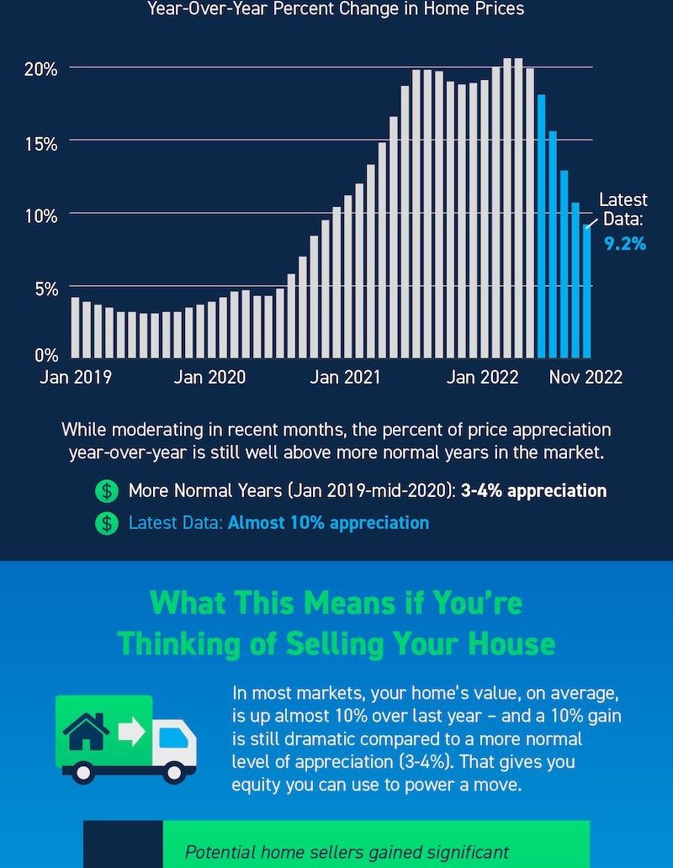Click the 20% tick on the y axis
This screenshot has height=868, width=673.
[40, 68]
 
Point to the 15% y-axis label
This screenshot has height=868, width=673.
[40, 143]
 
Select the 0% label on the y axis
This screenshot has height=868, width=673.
[45, 355]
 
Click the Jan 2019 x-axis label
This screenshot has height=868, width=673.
[75, 377]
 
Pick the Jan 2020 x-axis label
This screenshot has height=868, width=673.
[209, 377]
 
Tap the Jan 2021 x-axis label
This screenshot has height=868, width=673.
[345, 377]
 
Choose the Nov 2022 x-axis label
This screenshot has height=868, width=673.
[586, 377]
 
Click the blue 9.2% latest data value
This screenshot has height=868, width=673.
[624, 244]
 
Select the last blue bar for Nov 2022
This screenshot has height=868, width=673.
[586, 290]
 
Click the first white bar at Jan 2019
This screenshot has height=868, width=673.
[75, 327]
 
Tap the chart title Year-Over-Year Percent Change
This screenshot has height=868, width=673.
[336, 9]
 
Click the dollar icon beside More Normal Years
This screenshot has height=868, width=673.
[107, 490]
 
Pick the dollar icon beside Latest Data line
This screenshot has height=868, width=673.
[107, 523]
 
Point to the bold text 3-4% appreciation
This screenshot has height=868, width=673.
[533, 490]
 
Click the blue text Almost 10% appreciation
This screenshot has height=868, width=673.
[328, 523]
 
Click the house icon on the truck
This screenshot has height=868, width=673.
[87, 731]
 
